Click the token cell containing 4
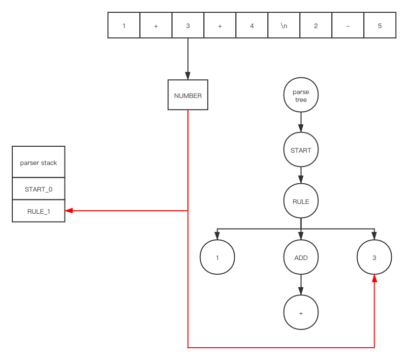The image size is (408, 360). [x=251, y=26]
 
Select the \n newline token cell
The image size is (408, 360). [x=283, y=26]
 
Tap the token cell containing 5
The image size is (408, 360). [x=379, y=26]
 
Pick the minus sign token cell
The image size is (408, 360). [x=347, y=26]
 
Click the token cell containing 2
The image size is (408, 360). [x=315, y=26]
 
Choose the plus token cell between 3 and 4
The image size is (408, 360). [x=220, y=26]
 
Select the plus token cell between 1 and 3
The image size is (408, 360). [x=156, y=26]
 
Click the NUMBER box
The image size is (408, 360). [x=188, y=95]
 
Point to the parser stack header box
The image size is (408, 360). [x=38, y=162]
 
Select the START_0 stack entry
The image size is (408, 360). [x=38, y=189]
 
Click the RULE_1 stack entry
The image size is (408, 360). [x=38, y=211]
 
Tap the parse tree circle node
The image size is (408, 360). [x=301, y=95]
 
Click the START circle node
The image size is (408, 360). [x=301, y=150]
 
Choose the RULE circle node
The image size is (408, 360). [x=301, y=201]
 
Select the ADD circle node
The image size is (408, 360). [x=301, y=257]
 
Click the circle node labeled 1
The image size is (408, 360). [x=217, y=257]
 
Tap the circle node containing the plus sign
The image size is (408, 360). [x=301, y=313]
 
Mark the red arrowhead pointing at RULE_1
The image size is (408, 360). [x=69, y=211]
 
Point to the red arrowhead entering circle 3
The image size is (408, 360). [x=375, y=279]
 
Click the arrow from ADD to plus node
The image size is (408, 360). [x=301, y=285]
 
